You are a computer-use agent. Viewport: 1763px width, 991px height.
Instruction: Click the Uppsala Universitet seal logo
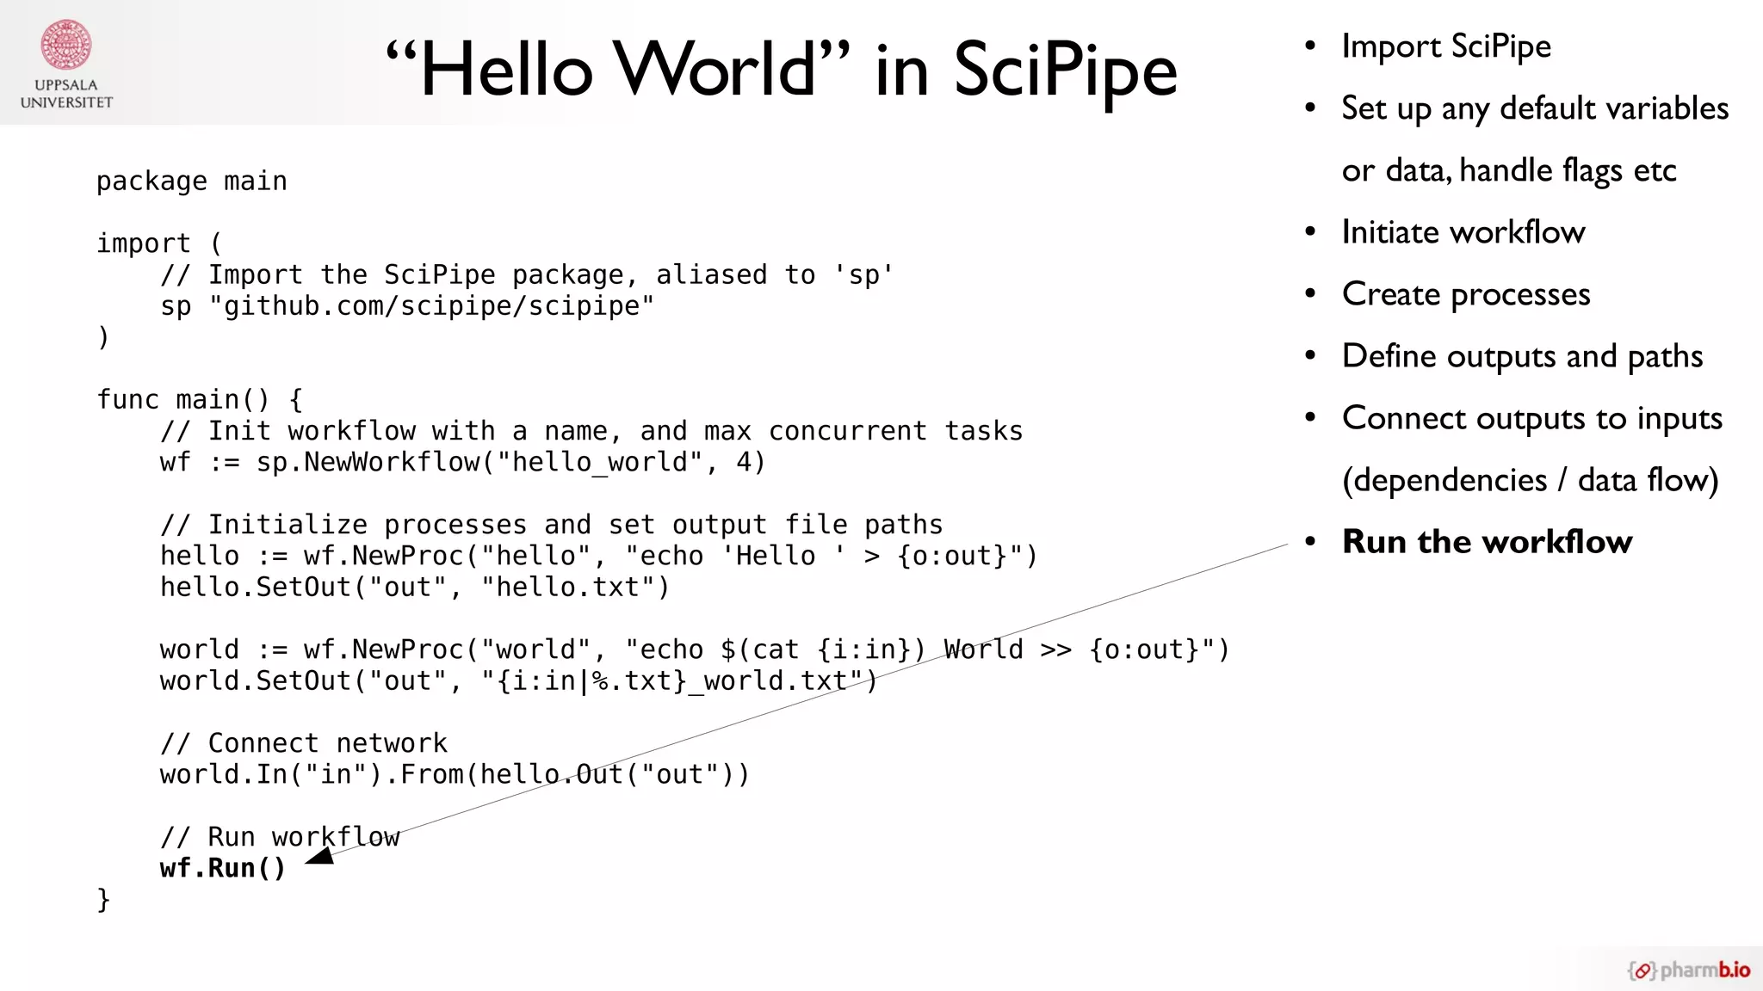[66, 44]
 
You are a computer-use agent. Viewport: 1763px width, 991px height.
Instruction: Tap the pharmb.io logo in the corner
[1689, 970]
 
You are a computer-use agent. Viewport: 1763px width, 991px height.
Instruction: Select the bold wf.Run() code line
[222, 868]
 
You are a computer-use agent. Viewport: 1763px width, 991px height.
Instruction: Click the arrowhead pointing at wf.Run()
[320, 856]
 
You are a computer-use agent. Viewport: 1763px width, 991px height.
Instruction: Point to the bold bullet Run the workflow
[1487, 542]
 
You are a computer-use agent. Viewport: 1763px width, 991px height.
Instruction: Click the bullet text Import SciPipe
[1446, 46]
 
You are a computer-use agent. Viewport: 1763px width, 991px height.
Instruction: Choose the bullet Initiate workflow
[1463, 232]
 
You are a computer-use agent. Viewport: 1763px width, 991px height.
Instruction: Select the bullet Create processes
[1465, 294]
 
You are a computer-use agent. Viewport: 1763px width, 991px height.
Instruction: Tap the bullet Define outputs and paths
[1522, 356]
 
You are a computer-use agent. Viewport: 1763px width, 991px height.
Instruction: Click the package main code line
[191, 182]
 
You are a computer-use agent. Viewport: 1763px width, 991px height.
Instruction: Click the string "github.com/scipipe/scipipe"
[431, 306]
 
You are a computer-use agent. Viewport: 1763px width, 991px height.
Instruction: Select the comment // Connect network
[303, 743]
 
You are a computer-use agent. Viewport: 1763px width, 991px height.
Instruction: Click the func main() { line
[199, 400]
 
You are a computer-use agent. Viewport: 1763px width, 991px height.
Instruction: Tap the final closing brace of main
[103, 900]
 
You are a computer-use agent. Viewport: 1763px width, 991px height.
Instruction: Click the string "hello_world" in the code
[600, 462]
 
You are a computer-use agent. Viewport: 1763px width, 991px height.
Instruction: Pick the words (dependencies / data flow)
[1530, 480]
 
